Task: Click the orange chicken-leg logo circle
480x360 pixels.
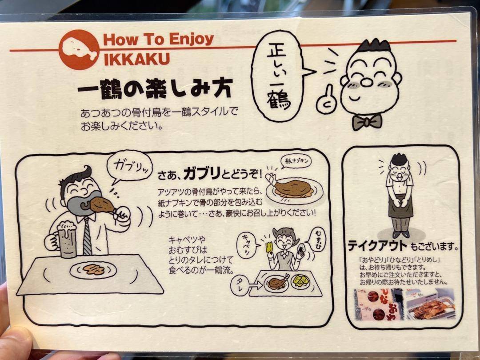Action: [x=79, y=50]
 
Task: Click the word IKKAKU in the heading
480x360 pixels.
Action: [x=136, y=59]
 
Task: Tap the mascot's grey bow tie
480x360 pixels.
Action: [x=367, y=121]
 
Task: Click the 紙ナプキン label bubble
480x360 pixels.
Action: [x=296, y=161]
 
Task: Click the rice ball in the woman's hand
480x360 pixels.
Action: [x=301, y=246]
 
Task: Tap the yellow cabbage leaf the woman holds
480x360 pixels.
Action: [x=269, y=247]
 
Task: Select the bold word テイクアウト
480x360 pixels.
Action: [x=378, y=245]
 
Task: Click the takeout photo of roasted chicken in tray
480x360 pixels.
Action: [x=431, y=305]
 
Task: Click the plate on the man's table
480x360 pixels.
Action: [x=93, y=270]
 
